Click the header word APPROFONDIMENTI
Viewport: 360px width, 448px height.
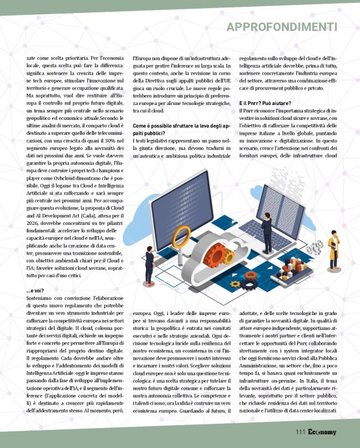[x=282, y=27]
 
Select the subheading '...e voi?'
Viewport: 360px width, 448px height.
[x=35, y=290]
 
